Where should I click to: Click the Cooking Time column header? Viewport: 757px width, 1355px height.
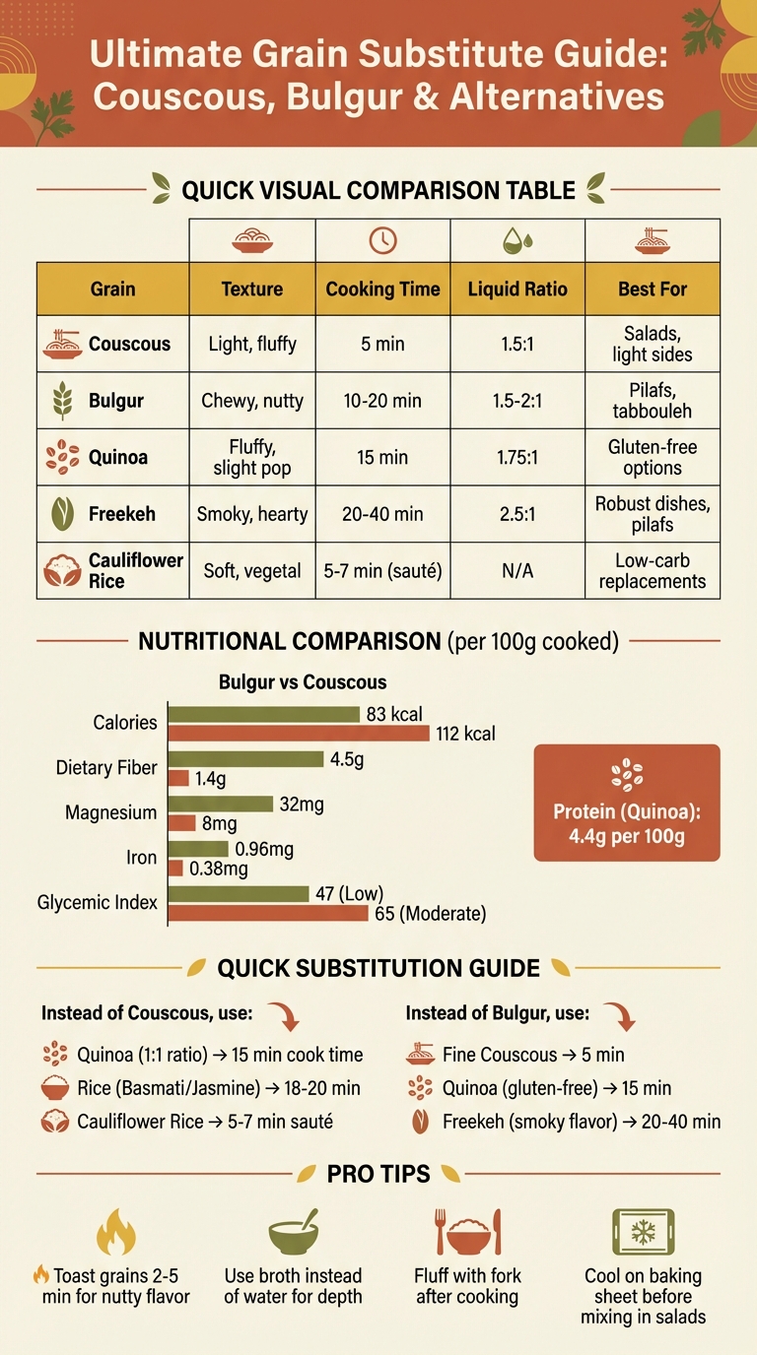point(382,290)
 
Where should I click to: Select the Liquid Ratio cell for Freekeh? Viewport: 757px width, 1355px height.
point(517,513)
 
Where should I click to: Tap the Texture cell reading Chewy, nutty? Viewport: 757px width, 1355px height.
point(252,401)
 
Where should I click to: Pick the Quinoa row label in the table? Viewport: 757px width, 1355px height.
point(116,456)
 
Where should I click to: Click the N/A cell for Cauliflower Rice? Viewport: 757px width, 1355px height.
point(517,570)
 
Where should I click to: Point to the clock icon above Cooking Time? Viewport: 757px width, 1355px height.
point(382,240)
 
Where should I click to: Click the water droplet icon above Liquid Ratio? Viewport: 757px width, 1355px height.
point(516,240)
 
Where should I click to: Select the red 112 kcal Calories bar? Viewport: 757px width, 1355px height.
point(299,733)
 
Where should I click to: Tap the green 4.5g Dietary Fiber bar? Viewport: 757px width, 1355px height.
point(245,759)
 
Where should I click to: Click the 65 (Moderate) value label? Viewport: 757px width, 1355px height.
point(430,914)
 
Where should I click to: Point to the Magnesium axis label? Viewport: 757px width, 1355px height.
point(110,813)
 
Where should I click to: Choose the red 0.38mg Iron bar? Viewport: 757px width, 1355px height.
point(175,869)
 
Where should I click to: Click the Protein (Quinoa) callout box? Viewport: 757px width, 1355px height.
point(626,803)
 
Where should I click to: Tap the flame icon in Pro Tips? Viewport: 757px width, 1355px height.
point(114,1231)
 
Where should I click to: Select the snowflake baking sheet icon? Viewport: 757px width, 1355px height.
point(642,1231)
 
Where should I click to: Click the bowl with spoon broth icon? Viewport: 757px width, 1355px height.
point(293,1231)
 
